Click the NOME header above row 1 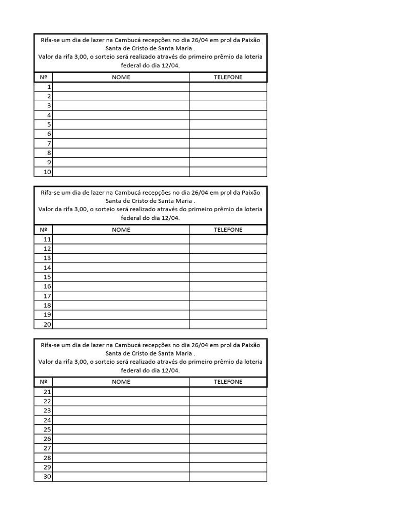121,77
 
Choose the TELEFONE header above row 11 228,230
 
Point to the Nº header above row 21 43,382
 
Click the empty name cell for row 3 121,105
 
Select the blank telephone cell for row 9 228,162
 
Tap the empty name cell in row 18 121,305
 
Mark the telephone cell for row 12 228,249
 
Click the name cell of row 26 121,439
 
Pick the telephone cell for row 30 228,477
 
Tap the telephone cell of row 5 228,124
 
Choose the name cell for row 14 121,268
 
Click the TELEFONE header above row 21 228,382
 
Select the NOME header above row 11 121,230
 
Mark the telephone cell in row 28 228,458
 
